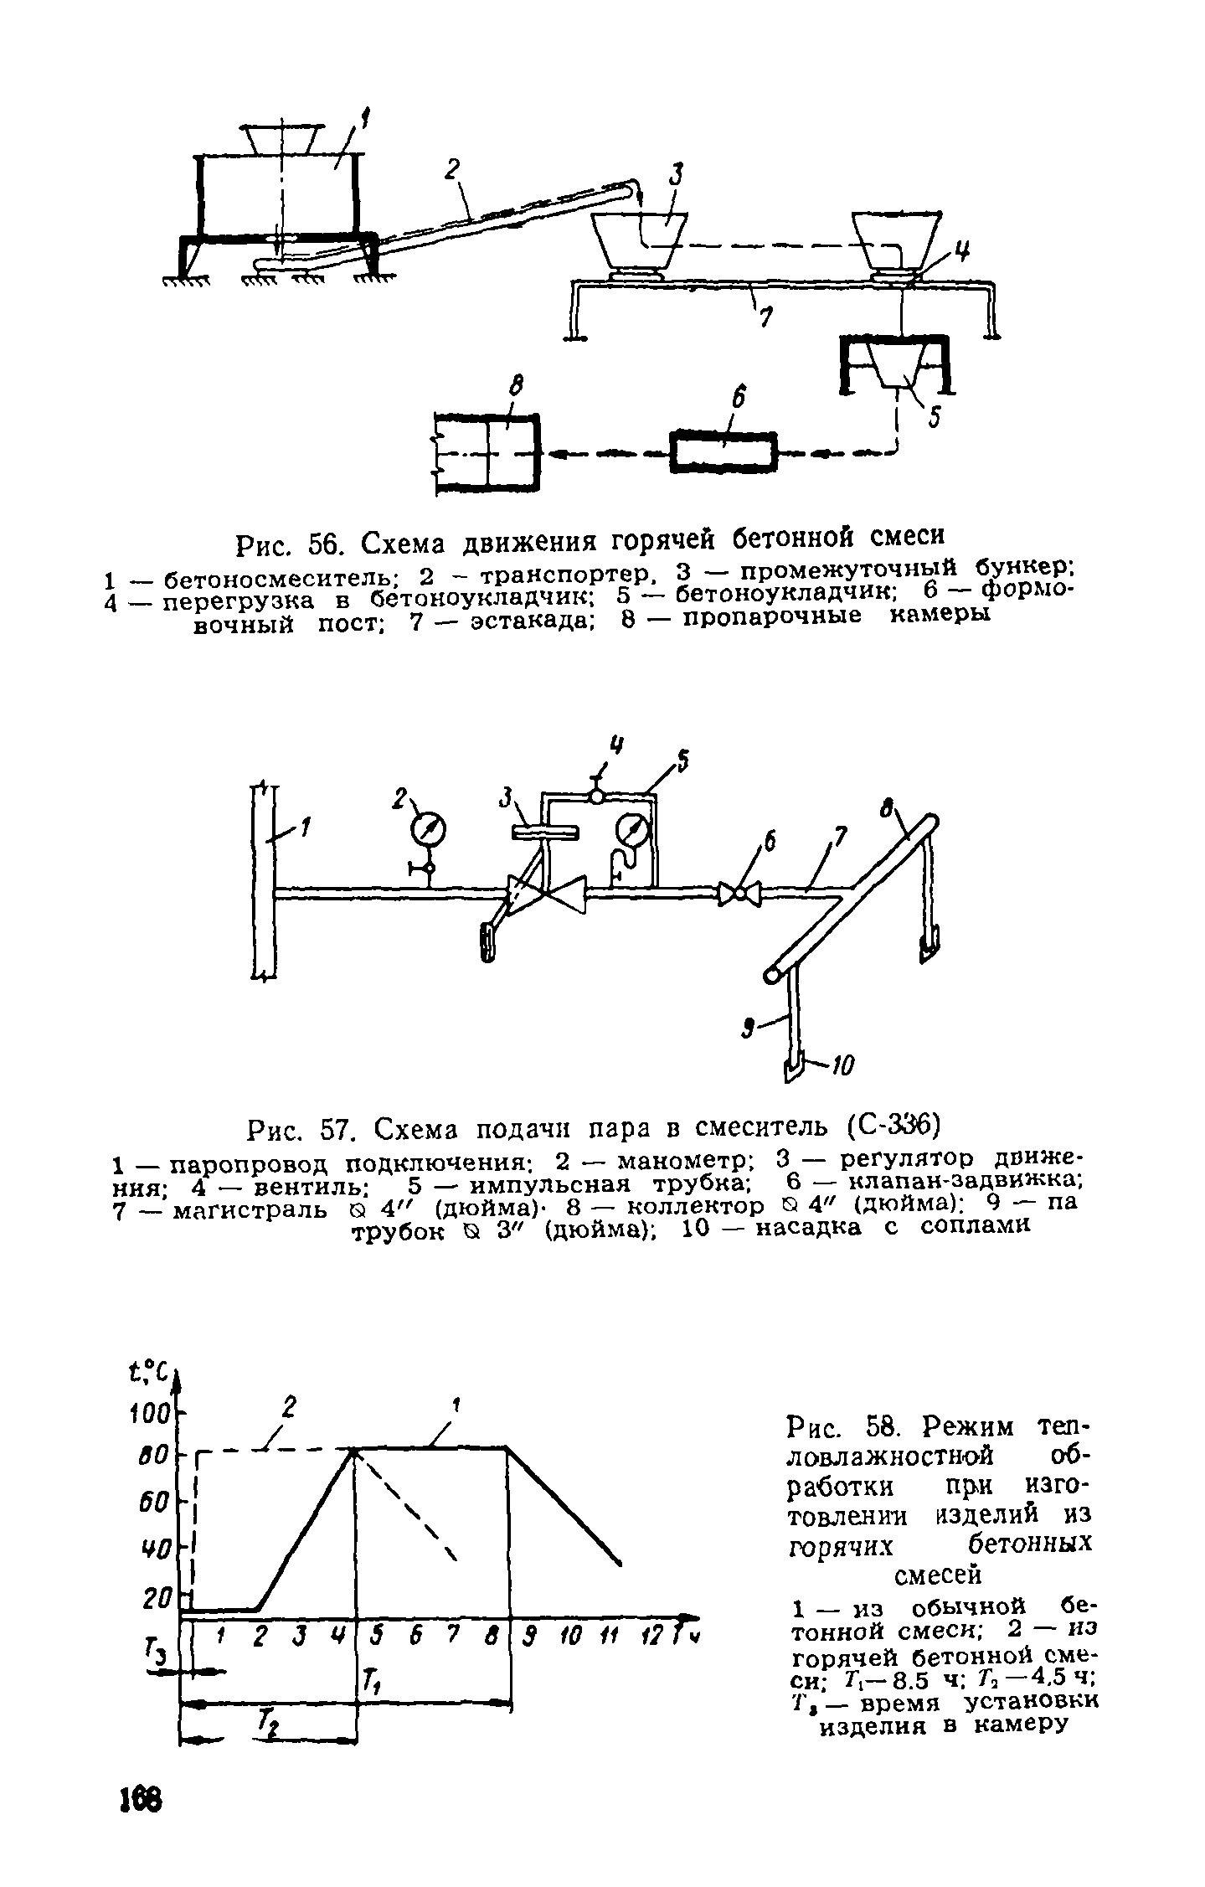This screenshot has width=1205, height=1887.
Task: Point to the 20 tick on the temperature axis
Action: tap(157, 1600)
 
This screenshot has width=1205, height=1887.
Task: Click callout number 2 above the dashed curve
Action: tap(289, 1407)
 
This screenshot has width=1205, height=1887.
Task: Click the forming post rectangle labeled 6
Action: tap(724, 452)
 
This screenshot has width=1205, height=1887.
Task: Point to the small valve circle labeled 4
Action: tap(597, 797)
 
